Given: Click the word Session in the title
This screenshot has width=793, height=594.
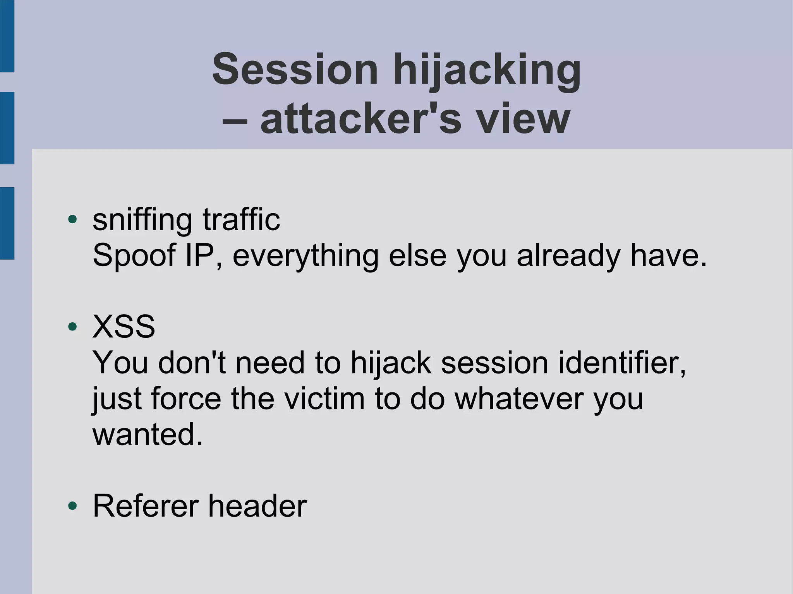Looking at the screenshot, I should pyautogui.click(x=295, y=70).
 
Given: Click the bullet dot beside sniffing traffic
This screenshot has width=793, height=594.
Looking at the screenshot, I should pyautogui.click(x=72, y=219).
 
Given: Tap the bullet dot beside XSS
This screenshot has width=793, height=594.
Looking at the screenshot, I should pyautogui.click(x=72, y=327).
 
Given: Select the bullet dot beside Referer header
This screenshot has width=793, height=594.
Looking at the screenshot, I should pyautogui.click(x=72, y=505).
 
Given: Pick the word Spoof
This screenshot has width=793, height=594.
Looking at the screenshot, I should pyautogui.click(x=134, y=256).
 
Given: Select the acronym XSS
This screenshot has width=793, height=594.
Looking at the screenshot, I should pyautogui.click(x=124, y=327).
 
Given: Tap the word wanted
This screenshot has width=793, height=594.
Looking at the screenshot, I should pyautogui.click(x=147, y=435).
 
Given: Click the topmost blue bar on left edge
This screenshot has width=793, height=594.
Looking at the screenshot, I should pyautogui.click(x=7, y=36).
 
